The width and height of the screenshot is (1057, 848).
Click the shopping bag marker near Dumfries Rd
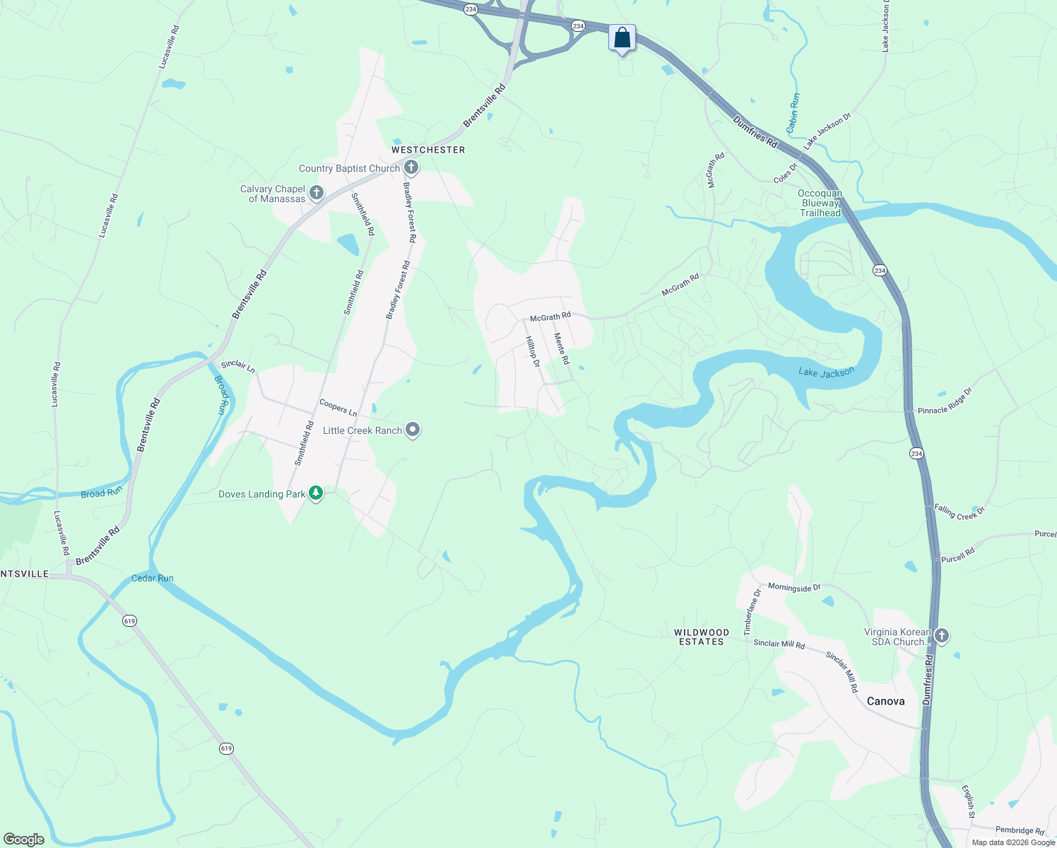click(x=622, y=38)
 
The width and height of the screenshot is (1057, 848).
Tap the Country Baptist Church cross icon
click(x=411, y=168)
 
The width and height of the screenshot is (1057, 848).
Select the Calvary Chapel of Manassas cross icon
click(x=317, y=193)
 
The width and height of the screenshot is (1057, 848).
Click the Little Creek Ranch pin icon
click(x=413, y=430)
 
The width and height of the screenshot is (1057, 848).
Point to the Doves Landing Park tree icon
click(x=316, y=494)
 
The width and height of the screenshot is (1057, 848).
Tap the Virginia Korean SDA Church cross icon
click(x=941, y=636)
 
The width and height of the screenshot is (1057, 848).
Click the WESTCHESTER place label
click(x=428, y=150)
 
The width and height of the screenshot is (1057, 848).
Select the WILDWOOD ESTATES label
click(x=701, y=637)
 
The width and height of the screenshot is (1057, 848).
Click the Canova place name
click(x=885, y=701)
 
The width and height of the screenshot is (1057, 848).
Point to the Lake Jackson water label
click(x=826, y=372)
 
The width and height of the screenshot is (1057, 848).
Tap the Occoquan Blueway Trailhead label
click(x=820, y=203)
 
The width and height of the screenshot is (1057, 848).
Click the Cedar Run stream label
click(x=153, y=578)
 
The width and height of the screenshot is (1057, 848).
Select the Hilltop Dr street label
click(x=532, y=352)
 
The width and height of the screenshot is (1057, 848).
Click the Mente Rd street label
click(x=562, y=348)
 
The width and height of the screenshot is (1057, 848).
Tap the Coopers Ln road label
click(x=338, y=408)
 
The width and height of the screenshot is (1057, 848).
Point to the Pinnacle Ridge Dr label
click(x=945, y=401)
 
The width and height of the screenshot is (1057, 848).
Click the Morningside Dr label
click(x=794, y=587)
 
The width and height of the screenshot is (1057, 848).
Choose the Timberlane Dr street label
click(x=752, y=611)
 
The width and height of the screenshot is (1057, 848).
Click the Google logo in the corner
click(x=24, y=839)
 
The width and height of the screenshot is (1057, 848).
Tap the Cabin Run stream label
click(x=793, y=113)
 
